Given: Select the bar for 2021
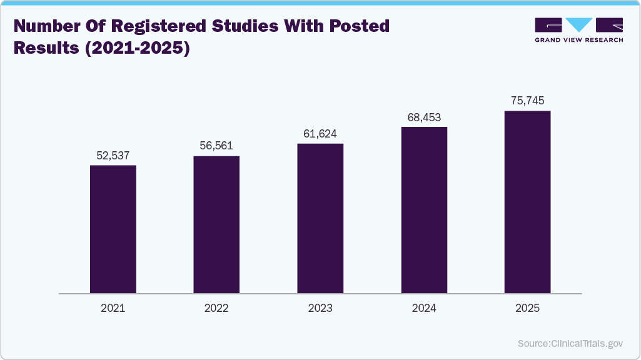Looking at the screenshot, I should pos(113,229).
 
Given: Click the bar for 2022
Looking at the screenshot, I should pos(216,225).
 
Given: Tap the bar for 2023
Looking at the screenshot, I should pos(320,219).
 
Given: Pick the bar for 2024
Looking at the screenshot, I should pos(424,210).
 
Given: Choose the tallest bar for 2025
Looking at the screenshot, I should pos(527,202).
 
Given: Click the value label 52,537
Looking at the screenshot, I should pos(113,155).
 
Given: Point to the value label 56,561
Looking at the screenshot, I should pos(216,146).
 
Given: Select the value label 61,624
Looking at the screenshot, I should pos(320,134).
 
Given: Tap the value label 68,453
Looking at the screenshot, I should pos(424,117).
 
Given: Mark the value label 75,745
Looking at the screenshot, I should pos(527,101).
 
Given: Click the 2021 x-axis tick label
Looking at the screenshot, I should pos(113,308).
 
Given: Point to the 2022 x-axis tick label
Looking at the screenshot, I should pos(216,308).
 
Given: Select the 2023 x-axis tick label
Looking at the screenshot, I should pos(320,308).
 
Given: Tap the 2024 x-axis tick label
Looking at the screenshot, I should pos(424,308).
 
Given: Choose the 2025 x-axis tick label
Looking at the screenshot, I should pos(527,308).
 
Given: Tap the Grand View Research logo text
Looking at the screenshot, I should pos(578,40).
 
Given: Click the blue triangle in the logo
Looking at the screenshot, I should pos(579,25).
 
